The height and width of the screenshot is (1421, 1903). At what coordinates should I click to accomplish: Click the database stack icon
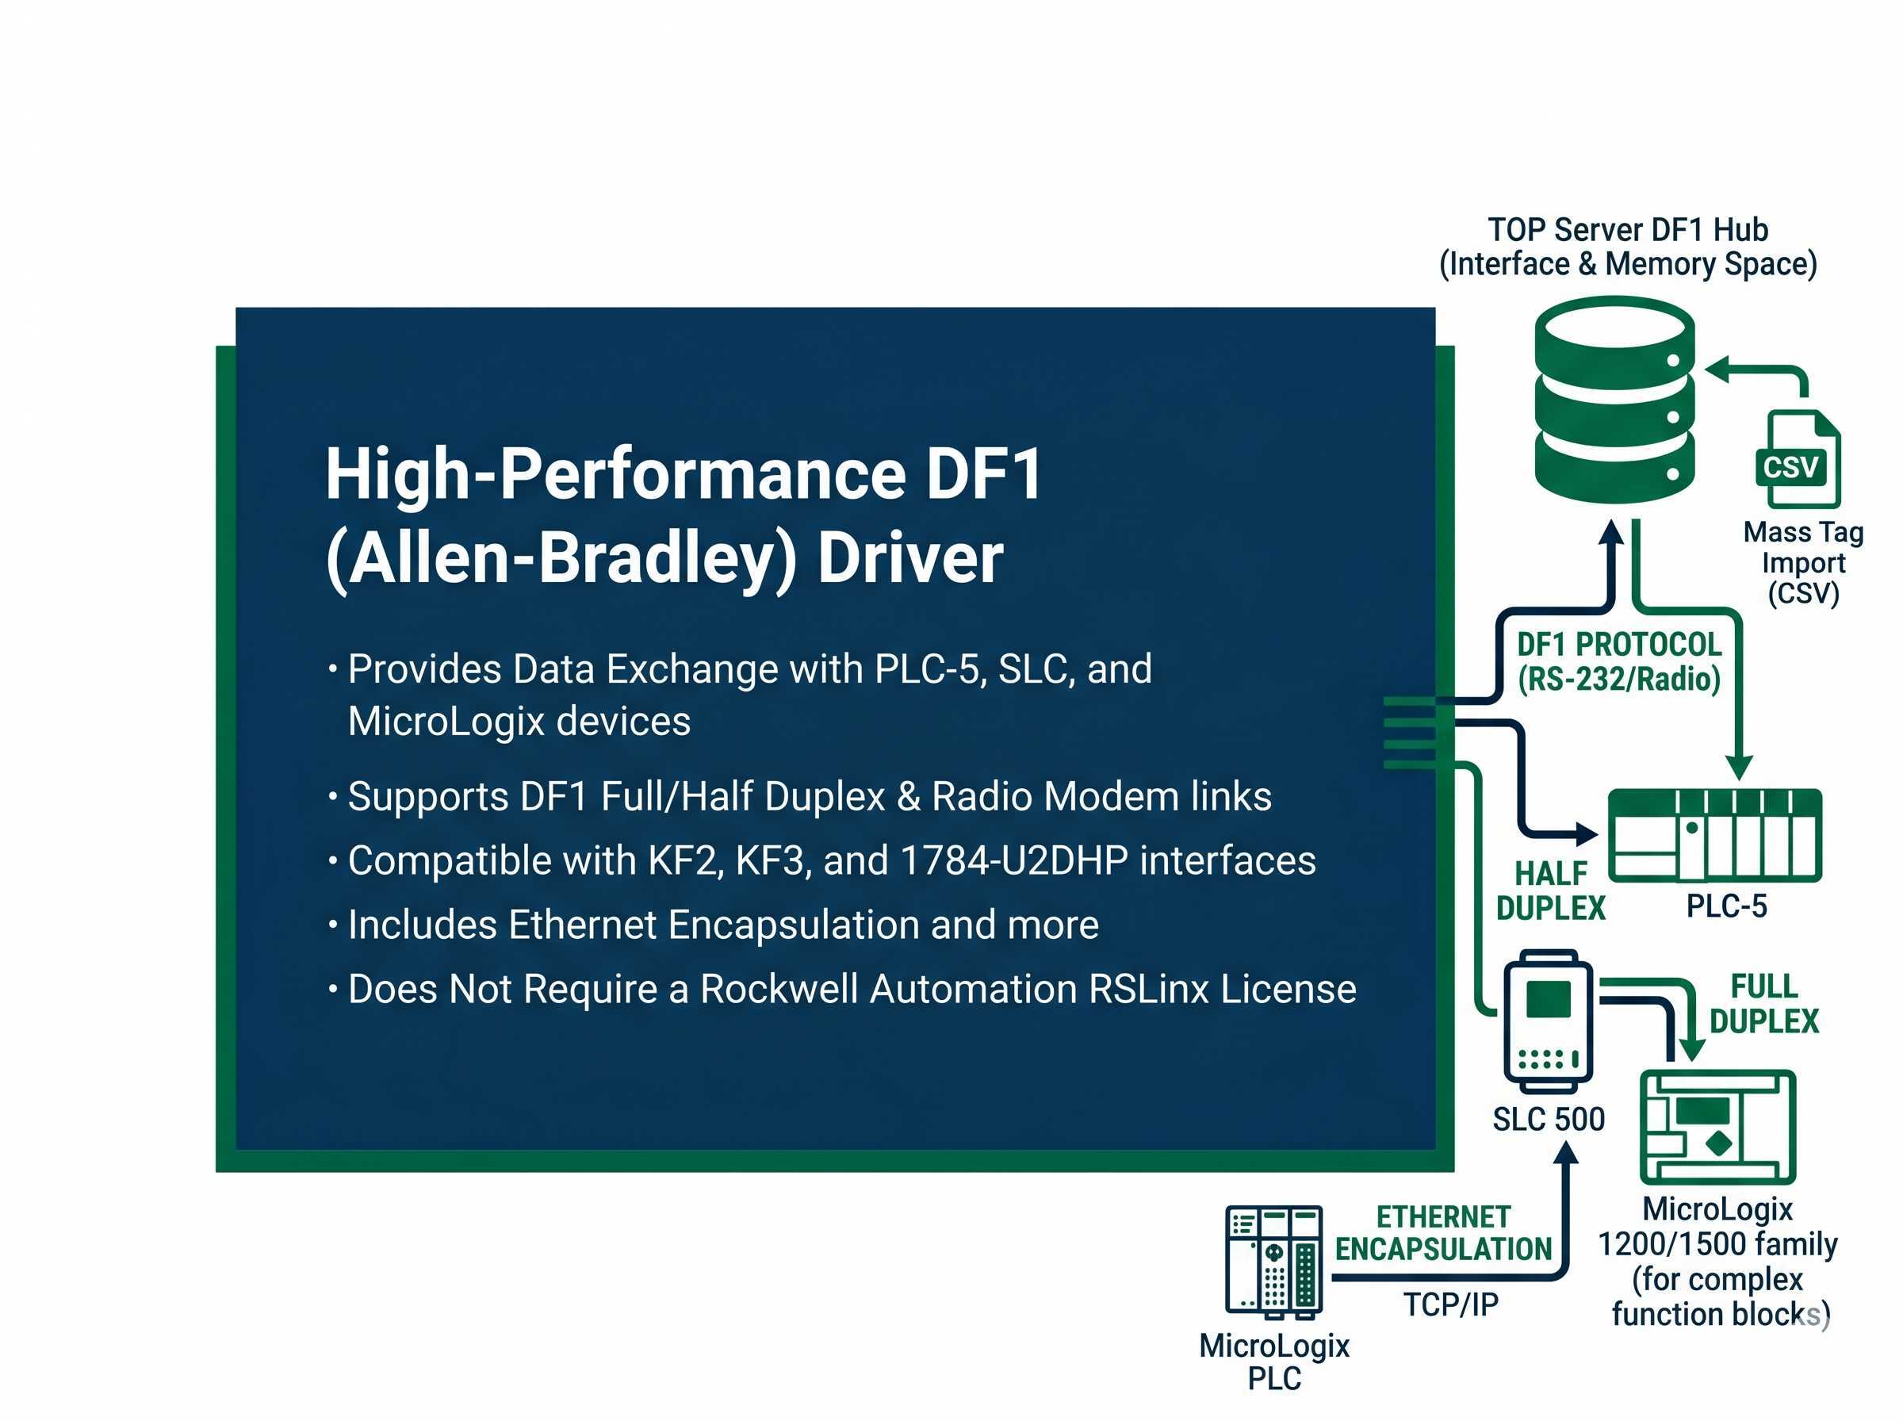(x=1614, y=400)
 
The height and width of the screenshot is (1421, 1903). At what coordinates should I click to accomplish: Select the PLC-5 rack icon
(x=1713, y=835)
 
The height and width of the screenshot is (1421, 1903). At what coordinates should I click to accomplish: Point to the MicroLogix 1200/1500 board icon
(x=1717, y=1126)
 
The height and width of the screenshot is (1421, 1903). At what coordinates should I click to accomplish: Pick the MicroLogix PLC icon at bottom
(x=1273, y=1261)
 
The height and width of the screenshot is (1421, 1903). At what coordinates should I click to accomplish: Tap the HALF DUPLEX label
(x=1549, y=891)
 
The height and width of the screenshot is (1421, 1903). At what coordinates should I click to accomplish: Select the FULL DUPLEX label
(x=1763, y=1003)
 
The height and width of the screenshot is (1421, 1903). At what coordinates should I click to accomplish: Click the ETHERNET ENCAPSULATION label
(x=1442, y=1232)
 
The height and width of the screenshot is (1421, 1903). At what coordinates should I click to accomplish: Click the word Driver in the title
(x=909, y=559)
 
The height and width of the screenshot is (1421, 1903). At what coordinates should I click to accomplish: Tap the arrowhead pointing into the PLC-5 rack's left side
(x=1586, y=833)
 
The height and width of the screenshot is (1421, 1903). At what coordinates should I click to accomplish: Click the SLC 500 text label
(x=1548, y=1119)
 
